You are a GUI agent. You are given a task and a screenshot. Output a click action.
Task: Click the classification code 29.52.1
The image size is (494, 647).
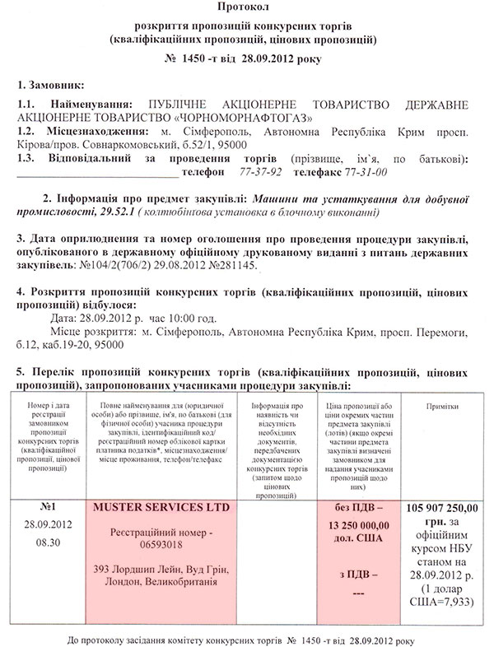point(102,212)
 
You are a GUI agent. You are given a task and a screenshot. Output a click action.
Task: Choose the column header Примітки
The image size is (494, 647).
point(443,407)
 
